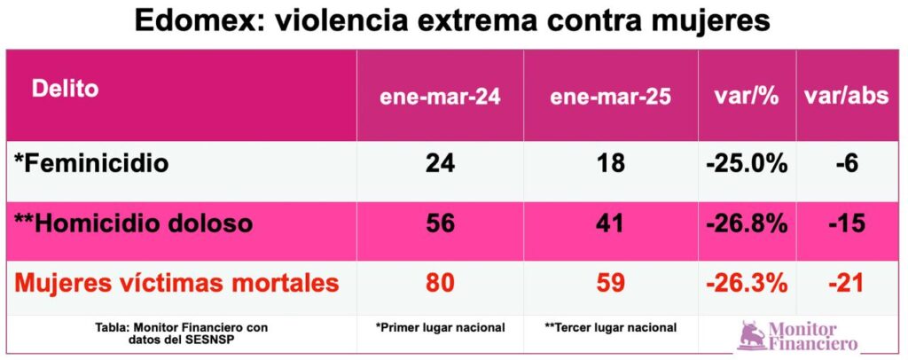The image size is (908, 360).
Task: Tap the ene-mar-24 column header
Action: coord(440,97)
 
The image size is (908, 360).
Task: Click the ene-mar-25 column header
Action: coord(610,97)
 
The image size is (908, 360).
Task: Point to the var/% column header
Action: coord(746,97)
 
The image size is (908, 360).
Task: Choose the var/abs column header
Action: coord(846,97)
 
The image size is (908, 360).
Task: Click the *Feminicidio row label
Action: coord(91,164)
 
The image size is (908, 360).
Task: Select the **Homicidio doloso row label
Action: coord(133,223)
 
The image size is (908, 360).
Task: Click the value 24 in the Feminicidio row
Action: coord(440,164)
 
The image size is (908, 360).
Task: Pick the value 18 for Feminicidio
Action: coord(610,164)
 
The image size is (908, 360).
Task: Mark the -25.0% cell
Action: coord(746,164)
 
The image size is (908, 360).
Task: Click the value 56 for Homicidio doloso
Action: coord(440,223)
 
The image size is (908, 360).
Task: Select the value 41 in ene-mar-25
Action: coord(610,223)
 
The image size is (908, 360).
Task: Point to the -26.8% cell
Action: coord(746,223)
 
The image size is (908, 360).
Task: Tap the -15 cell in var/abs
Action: coord(846,223)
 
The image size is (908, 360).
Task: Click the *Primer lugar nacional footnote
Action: coord(440,327)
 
